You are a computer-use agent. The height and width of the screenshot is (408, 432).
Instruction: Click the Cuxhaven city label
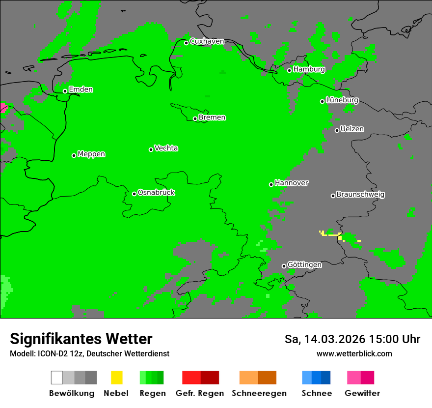pyautogui.click(x=207, y=41)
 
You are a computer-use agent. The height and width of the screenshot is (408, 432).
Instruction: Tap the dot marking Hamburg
pyautogui.click(x=289, y=70)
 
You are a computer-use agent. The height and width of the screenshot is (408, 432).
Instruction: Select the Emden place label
pyautogui.click(x=81, y=89)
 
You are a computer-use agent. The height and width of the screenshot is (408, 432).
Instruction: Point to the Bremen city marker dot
pyautogui.click(x=195, y=118)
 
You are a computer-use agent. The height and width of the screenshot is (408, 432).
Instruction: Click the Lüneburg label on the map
pyautogui.click(x=342, y=100)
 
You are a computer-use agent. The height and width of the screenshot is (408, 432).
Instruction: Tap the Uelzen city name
pyautogui.click(x=352, y=129)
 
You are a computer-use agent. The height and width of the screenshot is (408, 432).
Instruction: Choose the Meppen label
pyautogui.click(x=91, y=154)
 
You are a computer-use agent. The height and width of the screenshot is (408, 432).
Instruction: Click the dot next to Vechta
pyautogui.click(x=151, y=149)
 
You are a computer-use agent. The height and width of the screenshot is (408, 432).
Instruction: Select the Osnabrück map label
pyautogui.click(x=156, y=192)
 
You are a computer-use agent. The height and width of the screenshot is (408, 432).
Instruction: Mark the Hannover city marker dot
pyautogui.click(x=271, y=185)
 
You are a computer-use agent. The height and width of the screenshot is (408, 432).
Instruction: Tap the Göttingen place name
pyautogui.click(x=304, y=264)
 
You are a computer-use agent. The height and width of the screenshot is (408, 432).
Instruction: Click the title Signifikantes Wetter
pyautogui.click(x=81, y=339)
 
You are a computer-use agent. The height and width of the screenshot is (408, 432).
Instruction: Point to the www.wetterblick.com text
pyautogui.click(x=354, y=353)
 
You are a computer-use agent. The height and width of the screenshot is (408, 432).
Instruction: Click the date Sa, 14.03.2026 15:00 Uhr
pyautogui.click(x=352, y=339)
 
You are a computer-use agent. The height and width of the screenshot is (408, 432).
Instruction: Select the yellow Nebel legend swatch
pyautogui.click(x=116, y=378)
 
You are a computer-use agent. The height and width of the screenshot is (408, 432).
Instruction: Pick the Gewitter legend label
pyautogui.click(x=362, y=393)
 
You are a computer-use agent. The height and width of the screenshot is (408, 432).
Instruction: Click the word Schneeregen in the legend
pyautogui.click(x=259, y=393)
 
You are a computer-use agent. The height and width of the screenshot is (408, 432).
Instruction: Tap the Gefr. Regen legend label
pyautogui.click(x=200, y=393)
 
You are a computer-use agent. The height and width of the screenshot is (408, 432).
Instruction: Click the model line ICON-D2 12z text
pyautogui.click(x=89, y=353)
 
